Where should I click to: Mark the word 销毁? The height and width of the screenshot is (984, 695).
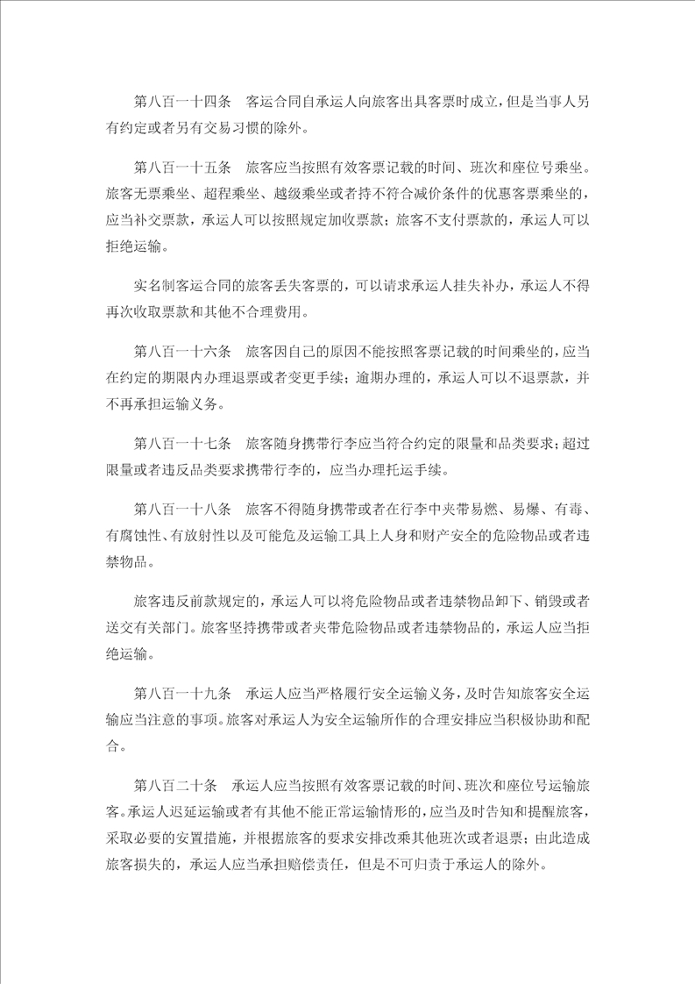pos(539,602)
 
